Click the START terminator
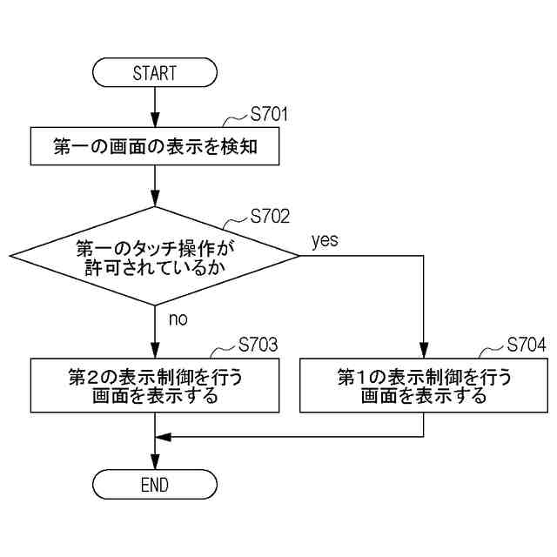[x=154, y=73]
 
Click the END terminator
[x=154, y=485]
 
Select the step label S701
[x=269, y=115]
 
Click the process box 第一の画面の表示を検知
[x=154, y=147]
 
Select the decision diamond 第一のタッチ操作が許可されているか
[x=154, y=257]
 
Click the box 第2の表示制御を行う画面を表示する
[x=154, y=386]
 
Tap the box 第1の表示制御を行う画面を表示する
[x=423, y=386]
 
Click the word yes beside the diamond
[x=324, y=240]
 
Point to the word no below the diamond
[x=178, y=319]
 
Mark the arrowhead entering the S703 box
[x=154, y=352]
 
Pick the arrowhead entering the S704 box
[x=423, y=352]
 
